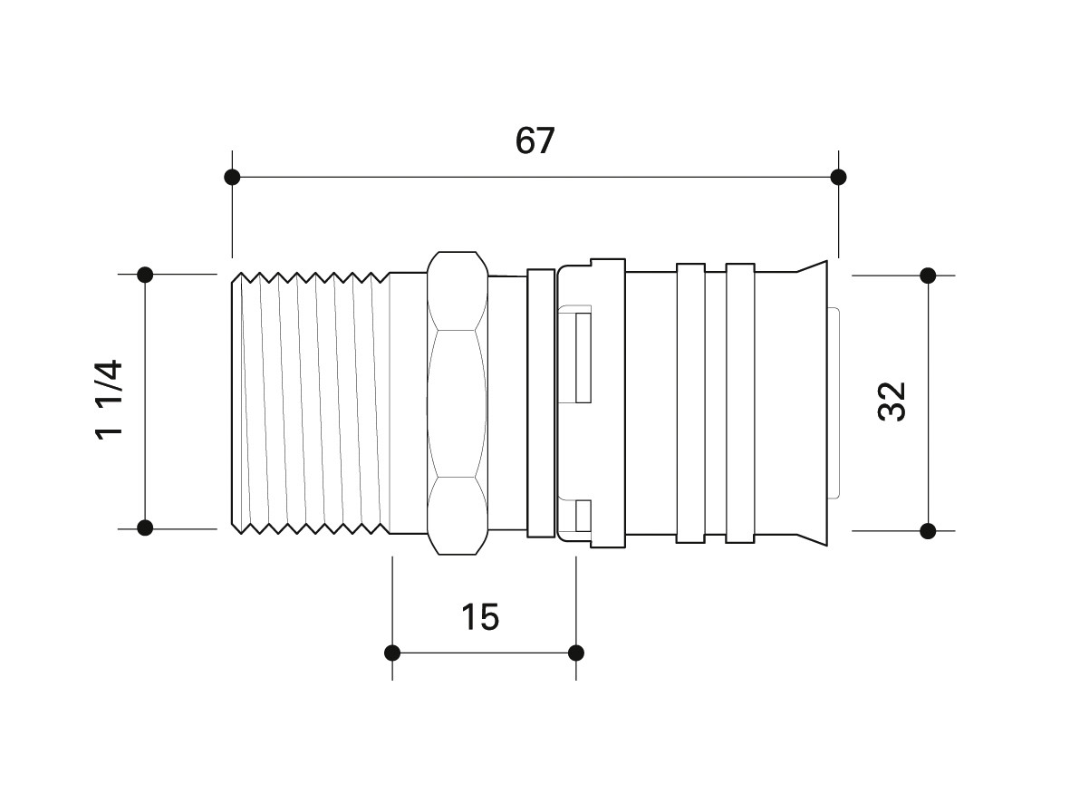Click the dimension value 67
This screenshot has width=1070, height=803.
click(x=535, y=140)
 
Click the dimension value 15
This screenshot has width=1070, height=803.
click(x=480, y=617)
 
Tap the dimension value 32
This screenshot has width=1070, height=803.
click(x=892, y=402)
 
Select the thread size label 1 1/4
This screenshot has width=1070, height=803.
click(x=109, y=400)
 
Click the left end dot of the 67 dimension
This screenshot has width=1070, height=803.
click(x=232, y=178)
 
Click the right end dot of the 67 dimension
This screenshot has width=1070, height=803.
click(x=839, y=178)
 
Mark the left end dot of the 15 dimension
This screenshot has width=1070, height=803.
click(x=392, y=653)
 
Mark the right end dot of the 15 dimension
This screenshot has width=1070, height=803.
click(x=576, y=653)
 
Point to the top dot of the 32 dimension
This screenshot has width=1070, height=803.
click(x=928, y=276)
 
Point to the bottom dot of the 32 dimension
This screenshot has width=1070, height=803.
click(x=928, y=530)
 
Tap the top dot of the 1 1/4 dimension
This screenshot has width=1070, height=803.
click(x=145, y=275)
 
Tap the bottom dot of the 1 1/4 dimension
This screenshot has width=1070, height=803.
click(x=145, y=527)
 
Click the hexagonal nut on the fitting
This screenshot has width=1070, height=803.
click(x=458, y=403)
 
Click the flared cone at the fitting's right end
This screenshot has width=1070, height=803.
click(x=812, y=403)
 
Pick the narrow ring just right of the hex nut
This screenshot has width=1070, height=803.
click(x=541, y=403)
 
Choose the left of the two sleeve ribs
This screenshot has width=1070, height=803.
click(x=690, y=403)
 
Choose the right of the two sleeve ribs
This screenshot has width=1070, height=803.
click(x=739, y=403)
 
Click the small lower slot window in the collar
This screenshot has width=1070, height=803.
click(x=583, y=517)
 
